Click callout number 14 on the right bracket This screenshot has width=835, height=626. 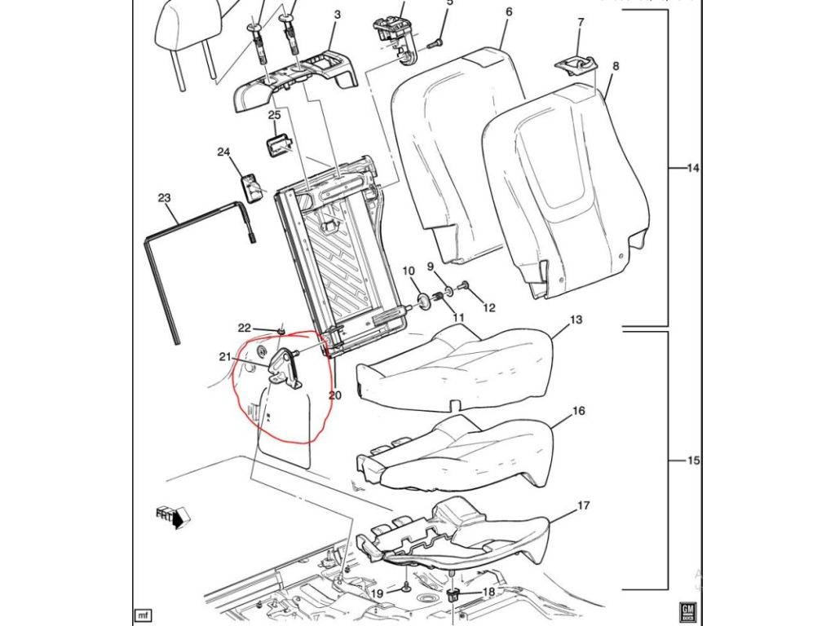[692, 169]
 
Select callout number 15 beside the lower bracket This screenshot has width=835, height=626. [692, 461]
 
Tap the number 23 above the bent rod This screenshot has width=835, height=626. [164, 198]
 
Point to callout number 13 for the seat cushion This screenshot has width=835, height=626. [577, 320]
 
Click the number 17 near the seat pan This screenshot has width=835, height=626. [583, 506]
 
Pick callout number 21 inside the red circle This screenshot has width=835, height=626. [225, 355]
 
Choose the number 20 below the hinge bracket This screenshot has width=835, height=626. [334, 396]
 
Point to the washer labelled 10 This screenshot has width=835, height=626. [424, 302]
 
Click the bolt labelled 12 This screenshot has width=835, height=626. [465, 286]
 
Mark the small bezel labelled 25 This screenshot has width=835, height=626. [276, 144]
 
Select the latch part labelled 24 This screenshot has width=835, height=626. [251, 187]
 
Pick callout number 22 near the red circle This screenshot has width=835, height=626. [244, 328]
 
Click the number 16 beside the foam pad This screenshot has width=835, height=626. [578, 412]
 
